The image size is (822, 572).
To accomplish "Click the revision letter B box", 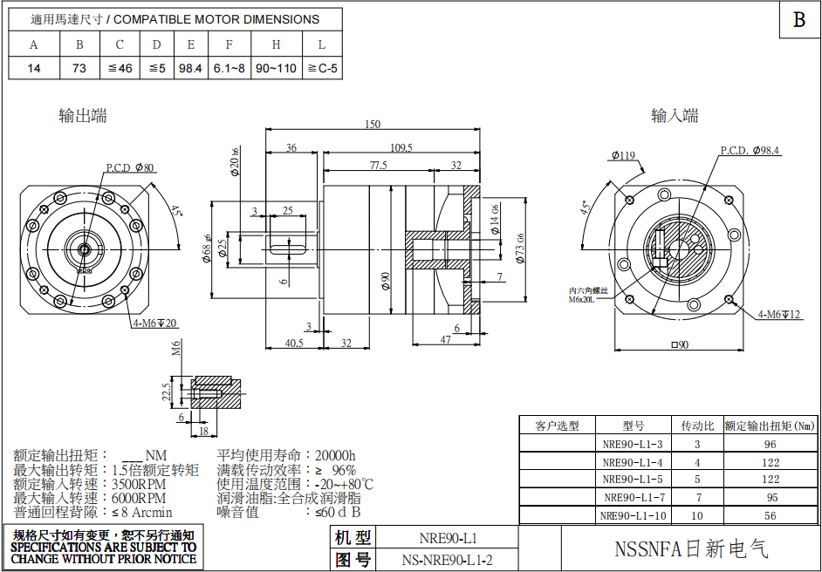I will (x=798, y=20).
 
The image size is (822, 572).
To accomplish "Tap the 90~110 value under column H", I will (x=276, y=68).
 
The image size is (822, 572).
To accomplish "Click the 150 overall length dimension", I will (x=373, y=125).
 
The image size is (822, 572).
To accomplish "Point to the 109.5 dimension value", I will (x=401, y=147).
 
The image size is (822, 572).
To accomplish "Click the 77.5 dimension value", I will (x=378, y=165).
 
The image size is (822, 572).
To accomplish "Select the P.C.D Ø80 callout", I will (x=130, y=167).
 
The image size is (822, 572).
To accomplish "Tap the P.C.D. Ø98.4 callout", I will (x=750, y=151).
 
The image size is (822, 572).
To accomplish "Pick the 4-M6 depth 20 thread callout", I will (x=154, y=323).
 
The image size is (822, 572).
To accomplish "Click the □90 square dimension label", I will (x=679, y=344).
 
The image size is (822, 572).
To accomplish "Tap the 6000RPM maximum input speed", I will (x=139, y=498).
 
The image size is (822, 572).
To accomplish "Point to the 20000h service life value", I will (x=334, y=455).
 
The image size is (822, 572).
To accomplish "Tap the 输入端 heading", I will (x=675, y=115).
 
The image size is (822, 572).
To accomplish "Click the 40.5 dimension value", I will (x=295, y=343).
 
